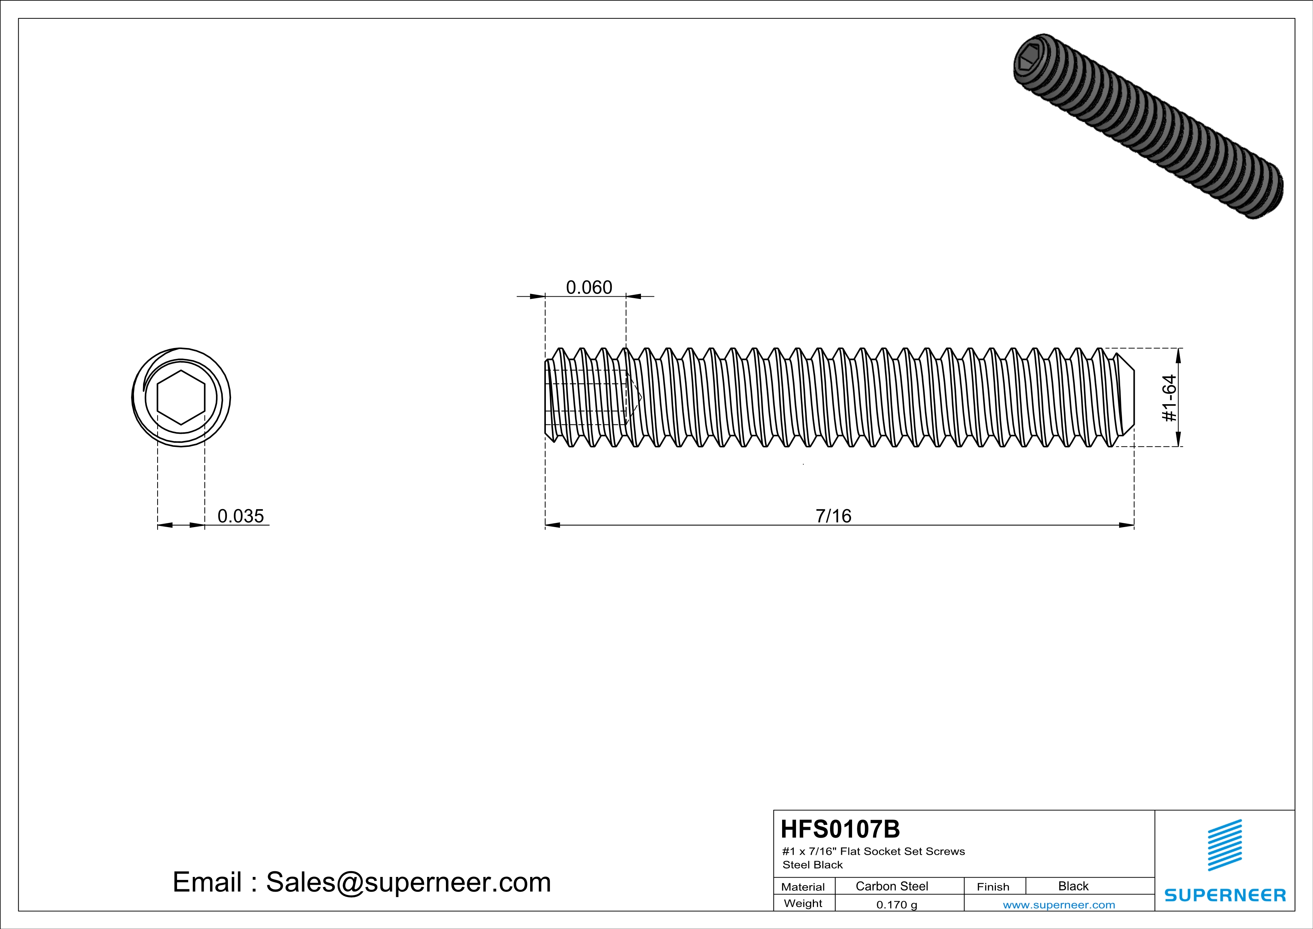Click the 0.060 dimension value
point(589,287)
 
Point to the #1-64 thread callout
point(1170,398)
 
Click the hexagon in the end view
point(181,397)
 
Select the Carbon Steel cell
point(891,886)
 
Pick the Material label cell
point(803,887)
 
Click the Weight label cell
point(803,903)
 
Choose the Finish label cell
point(993,887)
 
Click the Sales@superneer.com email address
point(408,882)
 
